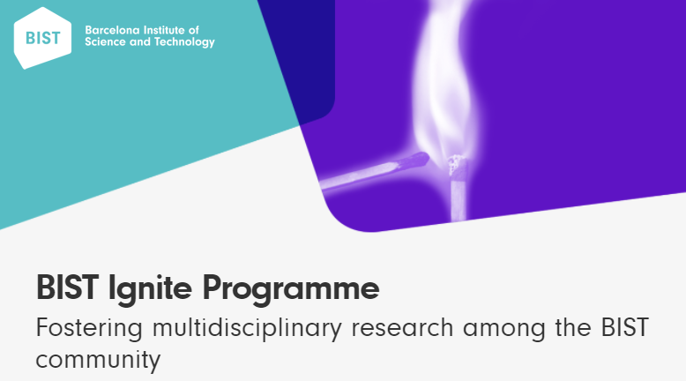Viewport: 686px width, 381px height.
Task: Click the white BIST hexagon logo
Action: tap(42, 38)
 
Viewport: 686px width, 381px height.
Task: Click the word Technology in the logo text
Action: tap(184, 42)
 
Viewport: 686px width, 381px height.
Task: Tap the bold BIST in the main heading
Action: tap(67, 288)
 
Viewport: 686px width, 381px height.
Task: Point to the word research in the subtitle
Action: tap(402, 327)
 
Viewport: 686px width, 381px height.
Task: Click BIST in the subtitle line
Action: tap(625, 327)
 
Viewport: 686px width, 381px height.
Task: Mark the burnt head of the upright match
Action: tap(458, 168)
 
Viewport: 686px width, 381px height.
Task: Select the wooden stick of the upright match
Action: tap(458, 199)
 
